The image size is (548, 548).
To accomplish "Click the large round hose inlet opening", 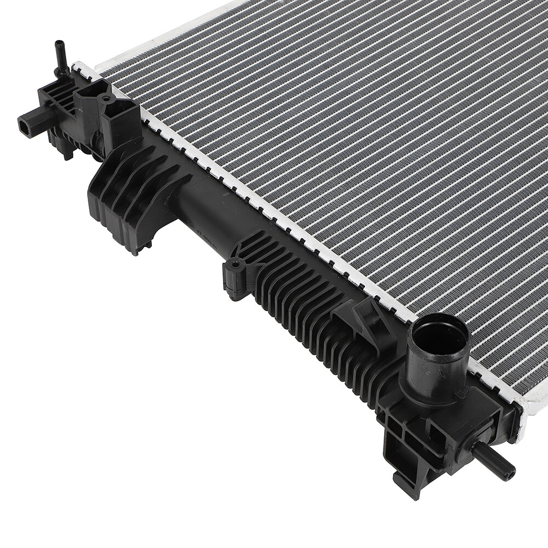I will point(441,335).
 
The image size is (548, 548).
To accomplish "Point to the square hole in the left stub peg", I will point(24,126).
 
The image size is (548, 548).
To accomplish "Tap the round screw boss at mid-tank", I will point(235,265).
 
